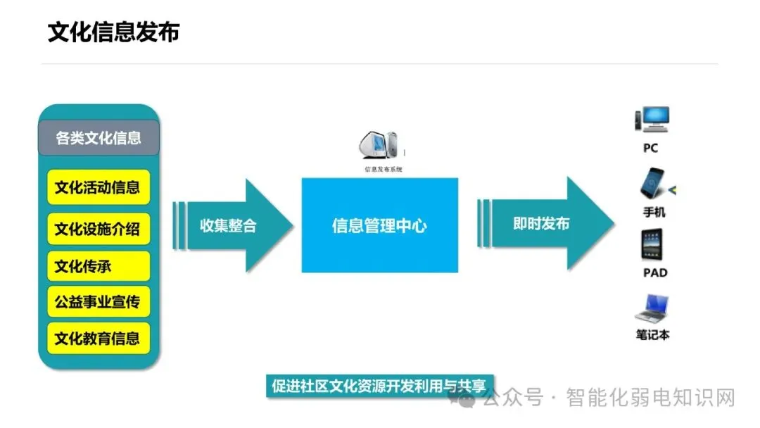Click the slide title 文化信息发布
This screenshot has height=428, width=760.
click(x=113, y=32)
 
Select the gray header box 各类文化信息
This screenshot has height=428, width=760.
click(x=99, y=138)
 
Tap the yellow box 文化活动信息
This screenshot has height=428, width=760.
click(x=99, y=187)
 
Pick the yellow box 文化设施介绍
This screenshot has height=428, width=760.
click(x=99, y=228)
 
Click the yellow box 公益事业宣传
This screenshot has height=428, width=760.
click(x=99, y=303)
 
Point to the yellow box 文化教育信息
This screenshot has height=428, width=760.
click(x=99, y=339)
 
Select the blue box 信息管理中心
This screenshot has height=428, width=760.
click(x=380, y=225)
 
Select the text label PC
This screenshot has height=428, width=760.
click(x=650, y=149)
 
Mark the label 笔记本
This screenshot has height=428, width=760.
click(x=652, y=335)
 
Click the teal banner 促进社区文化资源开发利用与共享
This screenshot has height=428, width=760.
click(x=380, y=386)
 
